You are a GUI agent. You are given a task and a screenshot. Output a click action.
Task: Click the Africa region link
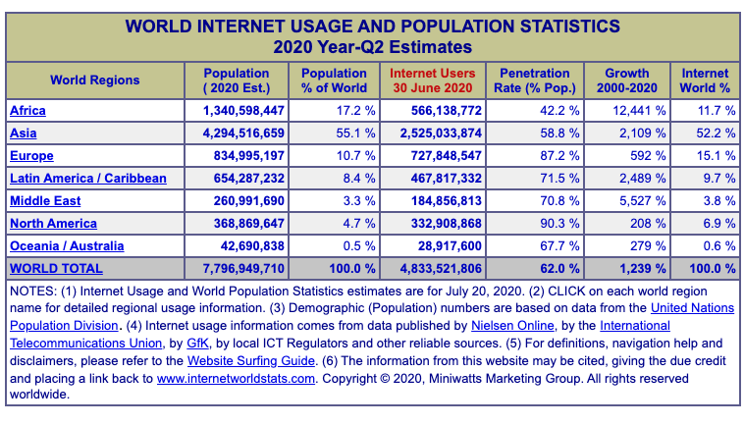[x=27, y=111]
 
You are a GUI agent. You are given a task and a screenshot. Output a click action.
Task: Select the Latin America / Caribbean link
[x=87, y=179]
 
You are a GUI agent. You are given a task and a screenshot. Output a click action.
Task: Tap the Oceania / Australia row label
[x=67, y=246]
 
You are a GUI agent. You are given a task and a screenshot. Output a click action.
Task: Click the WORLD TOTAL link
[x=56, y=268]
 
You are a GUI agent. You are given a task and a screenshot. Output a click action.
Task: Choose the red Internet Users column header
[x=433, y=80]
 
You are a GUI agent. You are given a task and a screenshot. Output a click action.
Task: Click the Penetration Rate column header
[x=534, y=80]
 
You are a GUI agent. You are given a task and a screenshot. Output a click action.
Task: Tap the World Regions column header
[x=95, y=80]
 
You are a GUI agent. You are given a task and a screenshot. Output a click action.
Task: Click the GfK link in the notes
[x=196, y=343]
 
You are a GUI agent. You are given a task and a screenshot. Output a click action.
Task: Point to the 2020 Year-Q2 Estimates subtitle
[x=372, y=46]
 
